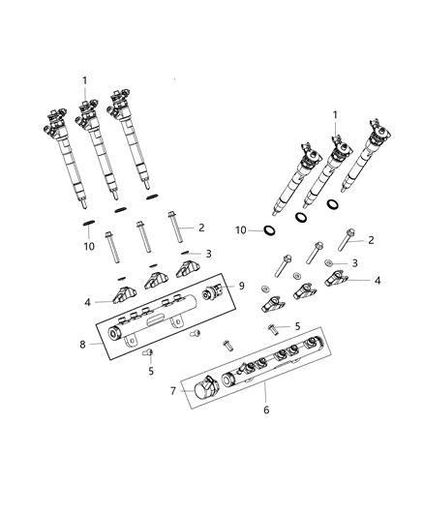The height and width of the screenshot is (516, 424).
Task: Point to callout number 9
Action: point(242,287)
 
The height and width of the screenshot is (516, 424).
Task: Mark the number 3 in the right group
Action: point(354,262)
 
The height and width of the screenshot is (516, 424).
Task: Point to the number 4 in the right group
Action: point(378,280)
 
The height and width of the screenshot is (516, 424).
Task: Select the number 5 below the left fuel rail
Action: point(150,370)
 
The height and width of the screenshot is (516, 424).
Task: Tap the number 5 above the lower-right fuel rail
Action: point(297,326)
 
